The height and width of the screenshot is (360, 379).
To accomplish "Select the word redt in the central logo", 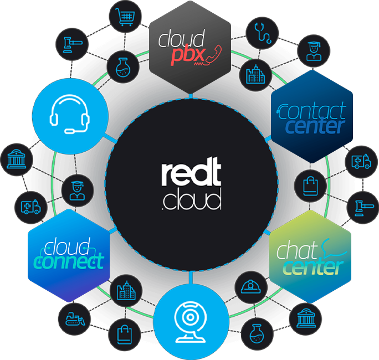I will click(191, 174).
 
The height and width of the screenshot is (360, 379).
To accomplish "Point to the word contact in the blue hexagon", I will click(313, 112).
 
